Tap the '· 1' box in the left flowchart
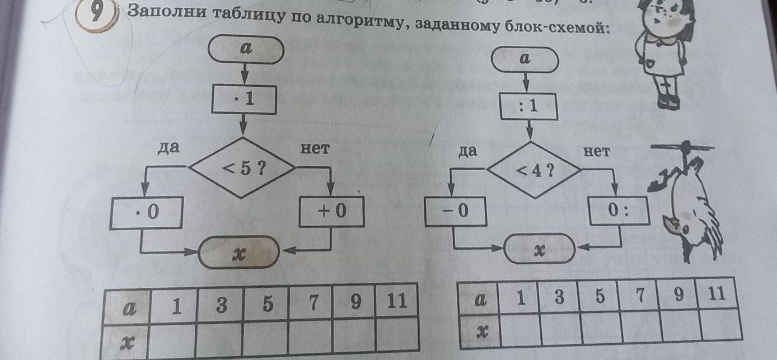tap(244, 100)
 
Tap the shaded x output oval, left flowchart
tap(240, 254)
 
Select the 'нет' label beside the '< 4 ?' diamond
tap(597, 151)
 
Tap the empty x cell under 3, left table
tap(220, 340)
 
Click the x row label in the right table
tap(480, 331)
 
